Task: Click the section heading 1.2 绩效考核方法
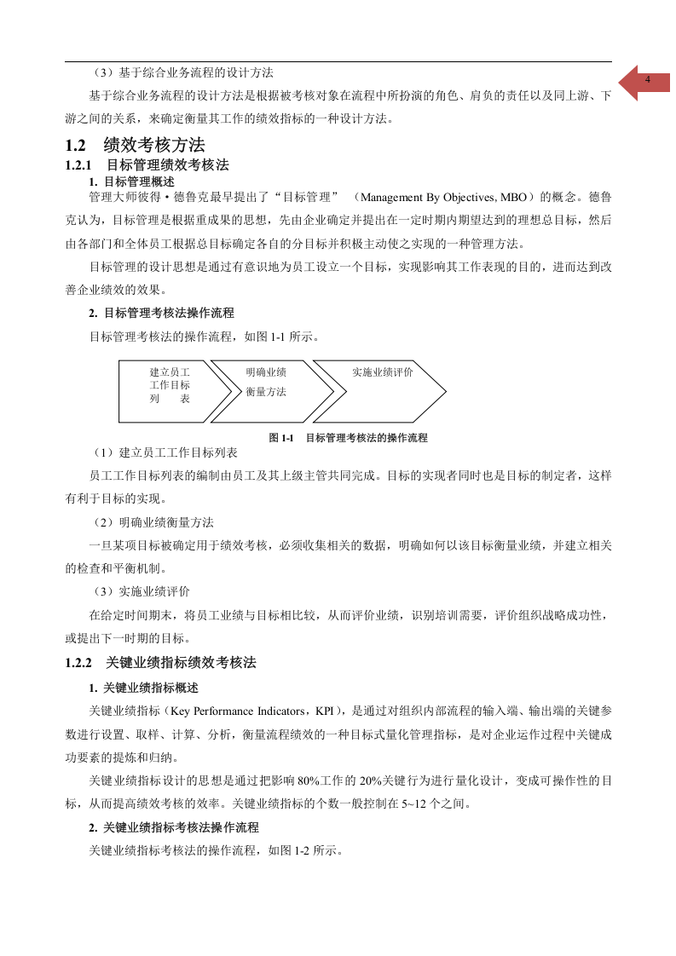pyautogui.click(x=136, y=146)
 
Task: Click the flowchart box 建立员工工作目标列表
pyautogui.click(x=170, y=385)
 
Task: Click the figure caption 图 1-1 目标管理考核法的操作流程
pyautogui.click(x=348, y=438)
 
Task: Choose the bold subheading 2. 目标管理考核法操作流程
pyautogui.click(x=161, y=313)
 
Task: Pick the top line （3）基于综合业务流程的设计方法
pyautogui.click(x=182, y=72)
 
